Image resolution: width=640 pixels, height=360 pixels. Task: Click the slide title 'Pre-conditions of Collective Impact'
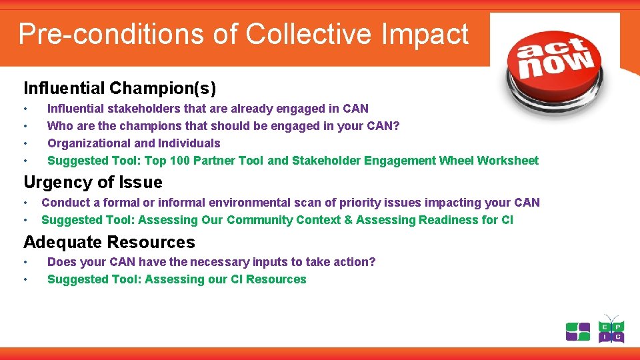pos(243,33)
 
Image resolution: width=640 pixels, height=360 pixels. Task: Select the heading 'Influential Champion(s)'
pos(120,88)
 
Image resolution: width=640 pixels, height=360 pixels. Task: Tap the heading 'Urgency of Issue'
pos(93,182)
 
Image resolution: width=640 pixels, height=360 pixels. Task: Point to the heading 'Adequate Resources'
pos(109,242)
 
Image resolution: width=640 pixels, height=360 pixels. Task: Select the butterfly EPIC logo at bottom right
pos(611,329)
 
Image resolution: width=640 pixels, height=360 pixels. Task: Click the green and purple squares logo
pos(578,331)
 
